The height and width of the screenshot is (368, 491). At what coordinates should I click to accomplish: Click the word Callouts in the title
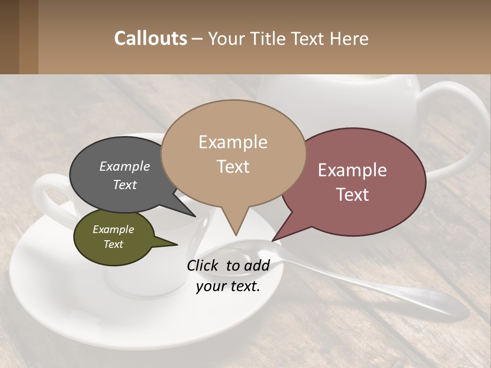click(150, 38)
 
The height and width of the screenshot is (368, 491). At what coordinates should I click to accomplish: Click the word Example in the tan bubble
click(233, 142)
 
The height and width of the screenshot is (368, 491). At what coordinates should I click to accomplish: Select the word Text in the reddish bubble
click(352, 195)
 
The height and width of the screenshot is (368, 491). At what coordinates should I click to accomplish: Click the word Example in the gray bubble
click(125, 166)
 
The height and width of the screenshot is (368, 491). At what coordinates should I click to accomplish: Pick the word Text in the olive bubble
click(114, 244)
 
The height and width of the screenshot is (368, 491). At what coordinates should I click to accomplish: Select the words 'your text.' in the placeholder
click(228, 286)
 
